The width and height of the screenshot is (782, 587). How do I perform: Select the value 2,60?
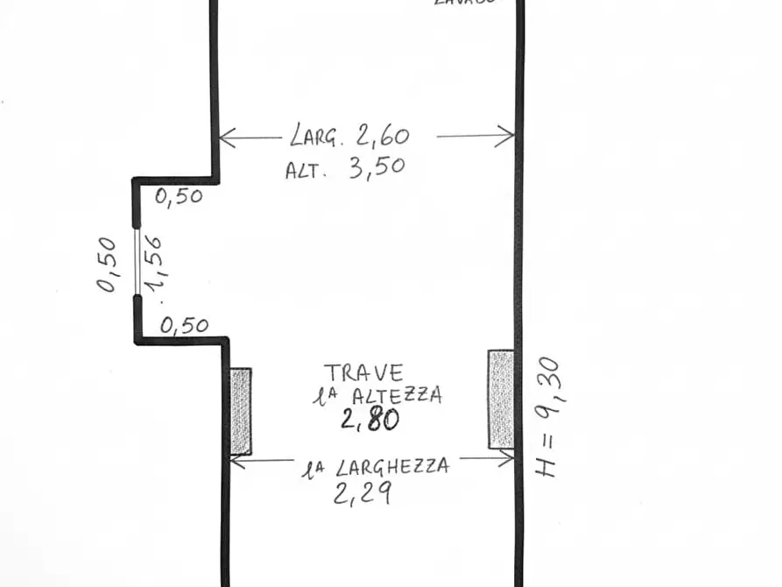382,136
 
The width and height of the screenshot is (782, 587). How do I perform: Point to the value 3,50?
377,167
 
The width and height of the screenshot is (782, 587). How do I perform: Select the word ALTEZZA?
398,395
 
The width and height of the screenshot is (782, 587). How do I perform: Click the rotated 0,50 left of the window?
107,265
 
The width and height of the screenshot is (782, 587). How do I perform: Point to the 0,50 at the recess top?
179,196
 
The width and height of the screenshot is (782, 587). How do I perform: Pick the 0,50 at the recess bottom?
185,326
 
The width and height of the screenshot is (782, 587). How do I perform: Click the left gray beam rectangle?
241,411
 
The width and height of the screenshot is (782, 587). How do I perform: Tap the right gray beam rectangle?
501,399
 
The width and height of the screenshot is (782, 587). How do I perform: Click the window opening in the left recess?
137,261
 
